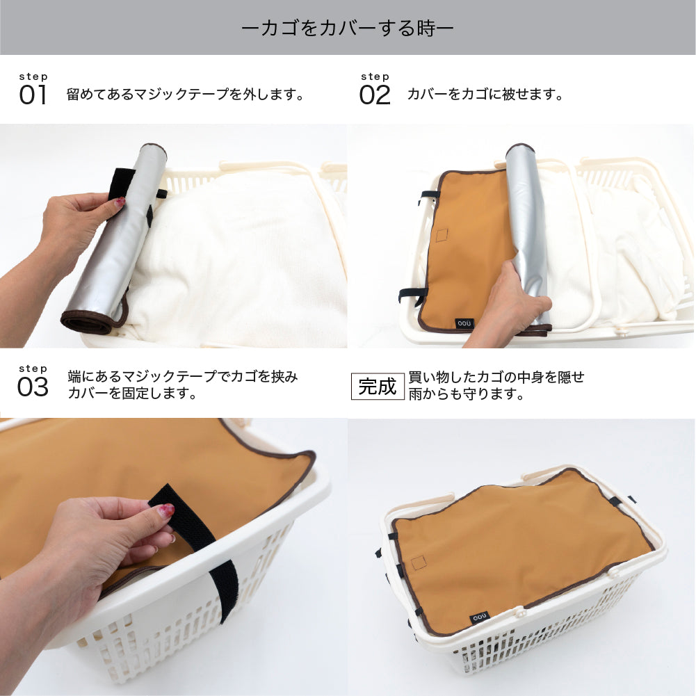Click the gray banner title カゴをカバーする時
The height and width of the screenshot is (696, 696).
point(348,29)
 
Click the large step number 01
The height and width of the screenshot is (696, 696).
point(33,95)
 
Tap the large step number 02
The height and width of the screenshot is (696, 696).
point(375,95)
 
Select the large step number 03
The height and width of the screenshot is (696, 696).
point(33,387)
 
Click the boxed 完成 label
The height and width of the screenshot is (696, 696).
point(378,386)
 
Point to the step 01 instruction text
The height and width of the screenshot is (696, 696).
point(186,94)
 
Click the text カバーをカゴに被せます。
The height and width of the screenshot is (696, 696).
point(485,94)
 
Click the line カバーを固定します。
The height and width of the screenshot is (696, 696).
point(132,394)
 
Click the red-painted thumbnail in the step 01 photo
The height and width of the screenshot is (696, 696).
point(120,202)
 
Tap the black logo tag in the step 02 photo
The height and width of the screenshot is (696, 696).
point(464,323)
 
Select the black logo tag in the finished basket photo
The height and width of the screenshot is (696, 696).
point(479,617)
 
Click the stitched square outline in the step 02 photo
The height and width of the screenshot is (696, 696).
point(442,235)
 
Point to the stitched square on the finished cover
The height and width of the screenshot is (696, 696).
point(419,563)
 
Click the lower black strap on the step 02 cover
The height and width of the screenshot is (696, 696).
point(412,295)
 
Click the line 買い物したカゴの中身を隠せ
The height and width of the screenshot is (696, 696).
point(496,378)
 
